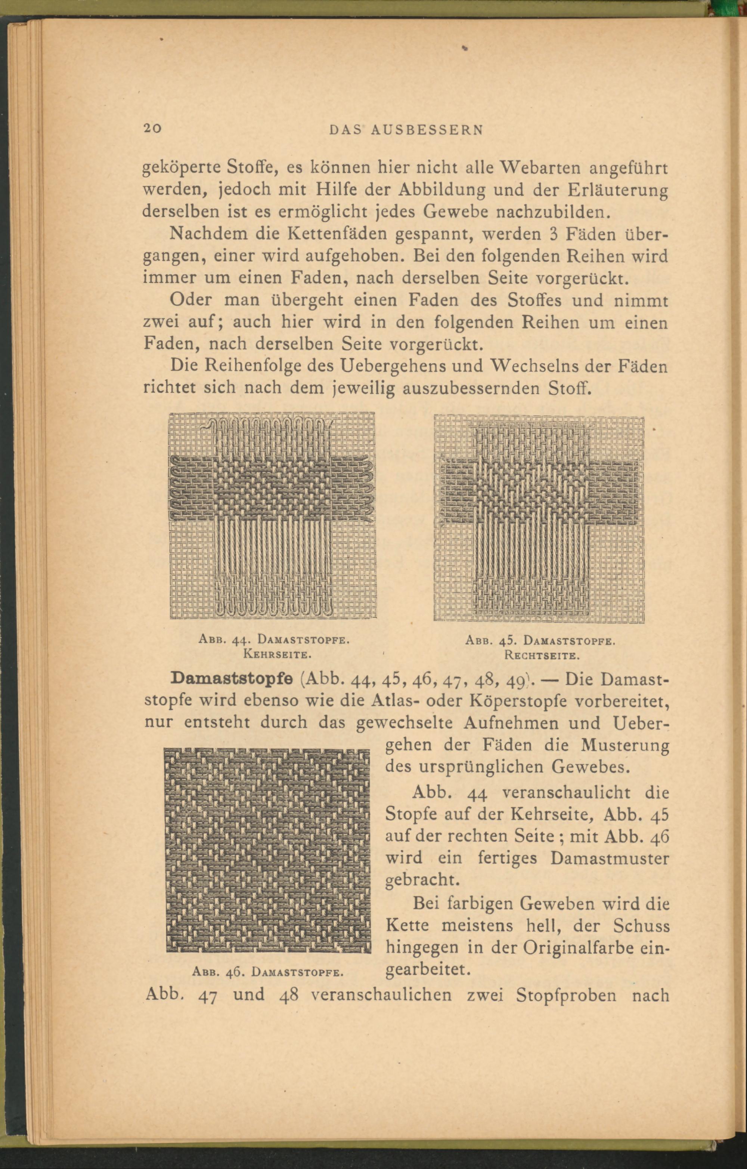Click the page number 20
click(x=153, y=128)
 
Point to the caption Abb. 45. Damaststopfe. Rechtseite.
click(x=540, y=648)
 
